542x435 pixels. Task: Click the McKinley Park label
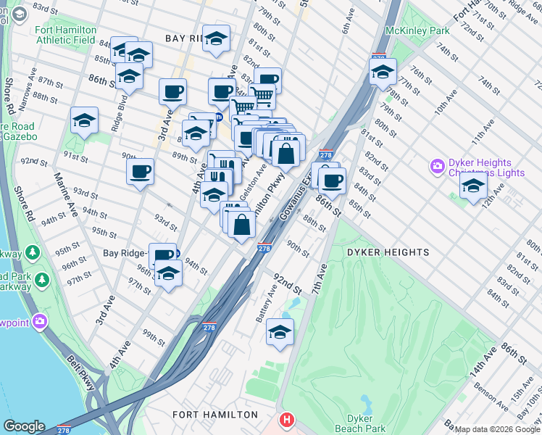coord(417,30)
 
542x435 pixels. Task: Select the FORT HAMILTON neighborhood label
coord(214,415)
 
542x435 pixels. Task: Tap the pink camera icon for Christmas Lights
coord(437,167)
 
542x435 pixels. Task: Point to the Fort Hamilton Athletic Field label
coord(65,36)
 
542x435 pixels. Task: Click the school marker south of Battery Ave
coord(280,332)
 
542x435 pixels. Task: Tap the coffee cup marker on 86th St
coord(332,181)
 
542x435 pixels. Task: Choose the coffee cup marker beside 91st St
coord(140,172)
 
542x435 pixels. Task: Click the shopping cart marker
coord(262,96)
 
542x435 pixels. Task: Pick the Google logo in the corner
coord(24,426)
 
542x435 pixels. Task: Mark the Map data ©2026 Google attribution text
coord(497,429)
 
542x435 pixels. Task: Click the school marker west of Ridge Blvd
coord(85,121)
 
